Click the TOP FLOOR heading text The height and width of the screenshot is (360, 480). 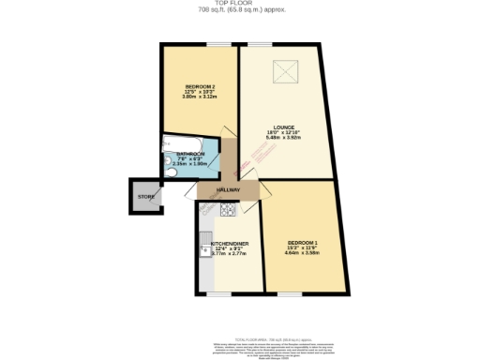240,3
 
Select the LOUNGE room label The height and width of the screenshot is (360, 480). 285,127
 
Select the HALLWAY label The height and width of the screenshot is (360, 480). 228,190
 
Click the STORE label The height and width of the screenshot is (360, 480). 146,197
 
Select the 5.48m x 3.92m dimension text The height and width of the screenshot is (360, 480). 285,139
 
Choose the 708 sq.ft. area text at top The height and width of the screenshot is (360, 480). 240,10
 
